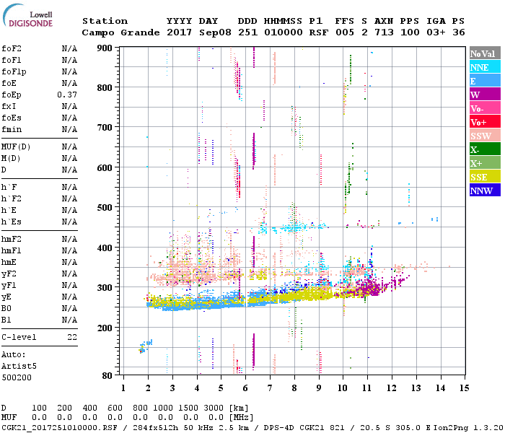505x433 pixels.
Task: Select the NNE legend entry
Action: (480, 67)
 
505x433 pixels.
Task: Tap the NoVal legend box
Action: (483, 53)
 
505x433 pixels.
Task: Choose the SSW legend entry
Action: (481, 136)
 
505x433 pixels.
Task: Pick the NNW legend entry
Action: (481, 191)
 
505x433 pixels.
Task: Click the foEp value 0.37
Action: (69, 95)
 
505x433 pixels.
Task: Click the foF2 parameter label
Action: (11, 48)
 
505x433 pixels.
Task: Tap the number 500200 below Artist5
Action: (16, 377)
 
